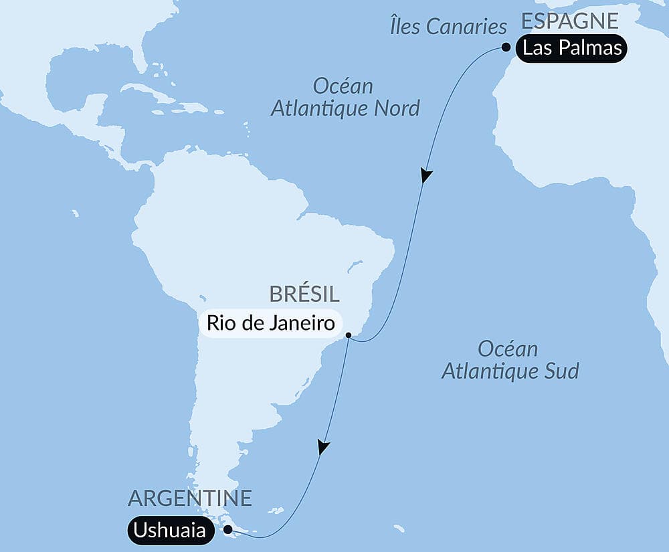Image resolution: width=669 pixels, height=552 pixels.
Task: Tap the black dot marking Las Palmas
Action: (506, 47)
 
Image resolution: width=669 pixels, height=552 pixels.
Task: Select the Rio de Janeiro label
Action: (270, 323)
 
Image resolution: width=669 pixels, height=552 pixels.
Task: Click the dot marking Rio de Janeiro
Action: (349, 335)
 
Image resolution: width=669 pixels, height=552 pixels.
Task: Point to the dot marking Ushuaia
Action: (229, 529)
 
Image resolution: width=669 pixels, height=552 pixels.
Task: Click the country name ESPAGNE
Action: (569, 21)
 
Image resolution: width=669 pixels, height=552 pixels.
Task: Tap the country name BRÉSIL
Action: (304, 294)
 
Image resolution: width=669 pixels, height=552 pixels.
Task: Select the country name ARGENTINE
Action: (190, 498)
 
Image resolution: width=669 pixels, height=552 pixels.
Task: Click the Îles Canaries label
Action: (448, 27)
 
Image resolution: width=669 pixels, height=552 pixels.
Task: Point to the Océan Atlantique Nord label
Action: (345, 97)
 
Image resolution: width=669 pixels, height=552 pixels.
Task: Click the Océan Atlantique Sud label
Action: (510, 360)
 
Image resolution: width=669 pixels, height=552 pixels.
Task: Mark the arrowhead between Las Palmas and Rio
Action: (425, 176)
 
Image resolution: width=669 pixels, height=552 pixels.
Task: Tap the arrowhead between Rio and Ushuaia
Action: (323, 447)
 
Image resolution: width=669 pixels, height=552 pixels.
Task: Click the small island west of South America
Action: (76, 213)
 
